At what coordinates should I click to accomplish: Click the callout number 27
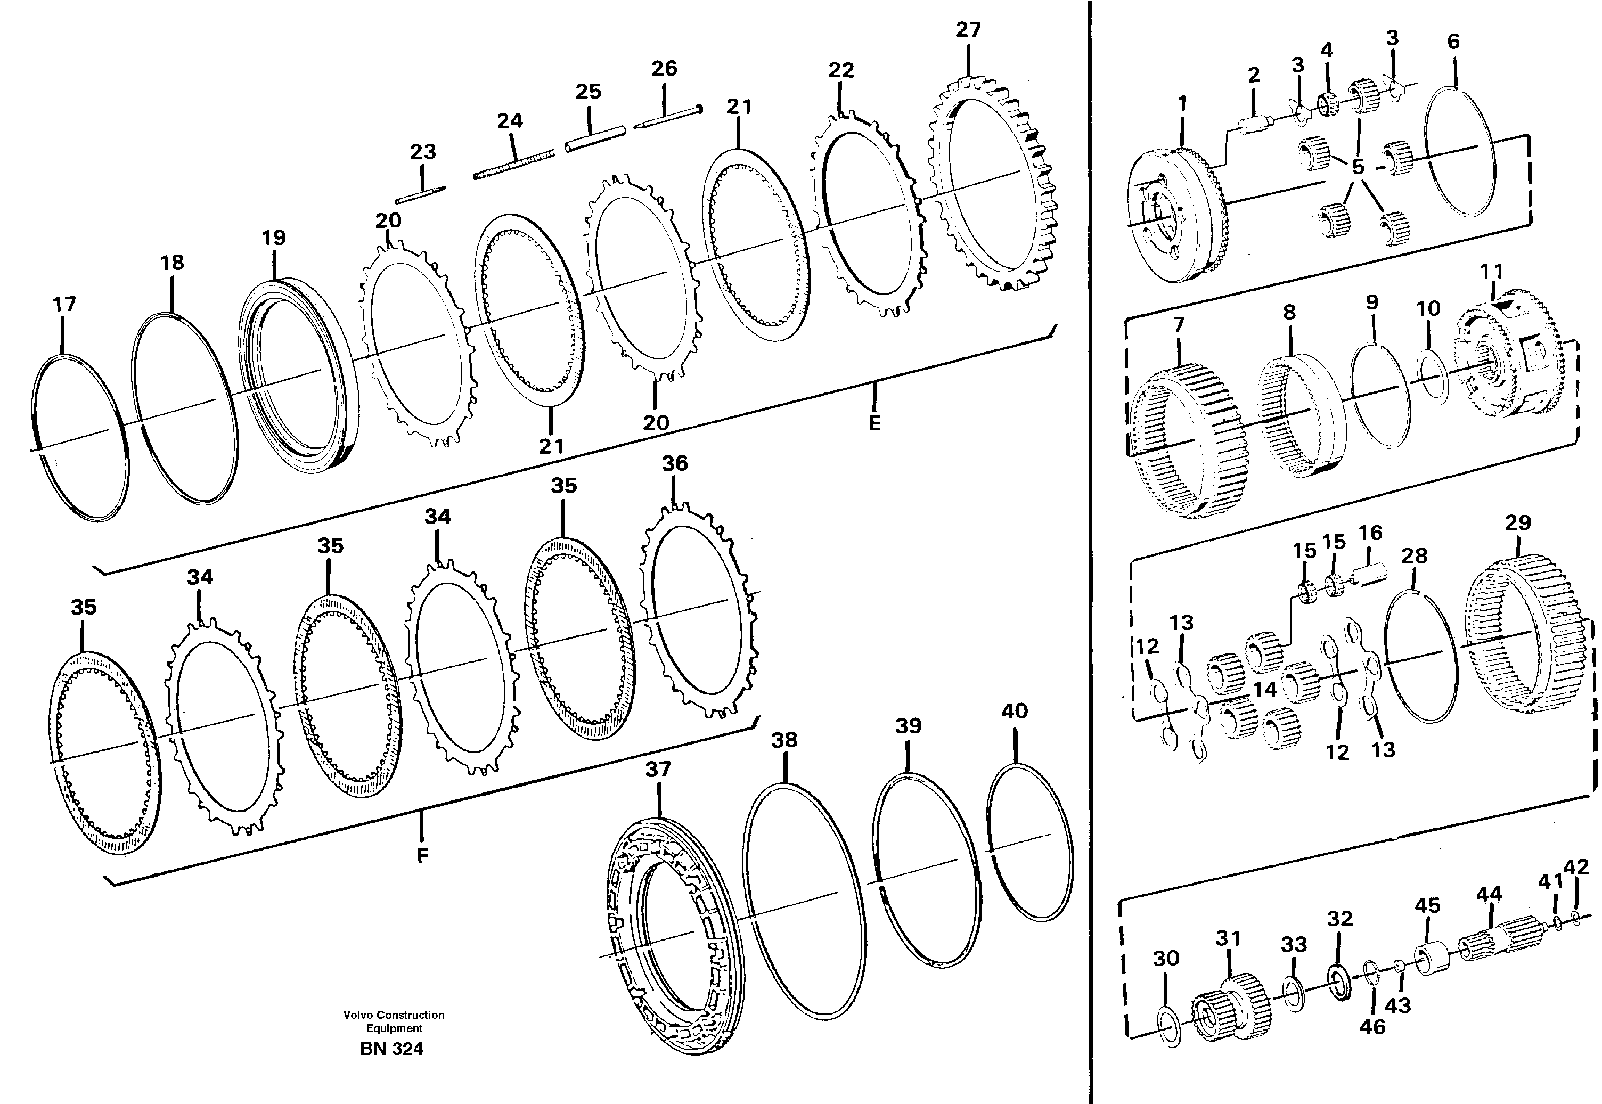968,30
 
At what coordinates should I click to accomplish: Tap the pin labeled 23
421,195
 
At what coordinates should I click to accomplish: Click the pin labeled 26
667,116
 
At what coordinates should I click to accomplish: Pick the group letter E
874,423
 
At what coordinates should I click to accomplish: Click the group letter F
422,856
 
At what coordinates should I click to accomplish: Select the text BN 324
391,1049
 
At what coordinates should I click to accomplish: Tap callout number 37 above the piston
658,769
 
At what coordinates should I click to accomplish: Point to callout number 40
1014,711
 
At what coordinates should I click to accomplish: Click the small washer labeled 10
1431,378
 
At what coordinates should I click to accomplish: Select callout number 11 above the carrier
1492,271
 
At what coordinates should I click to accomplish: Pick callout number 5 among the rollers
1358,167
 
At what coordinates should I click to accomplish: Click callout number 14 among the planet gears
1264,689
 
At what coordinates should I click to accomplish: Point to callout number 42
1576,868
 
